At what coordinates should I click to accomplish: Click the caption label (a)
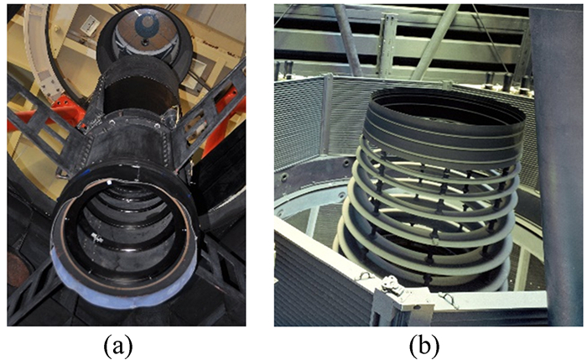pos(118,345)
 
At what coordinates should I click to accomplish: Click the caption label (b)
pos(424,345)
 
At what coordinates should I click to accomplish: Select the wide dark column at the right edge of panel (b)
pos(558,164)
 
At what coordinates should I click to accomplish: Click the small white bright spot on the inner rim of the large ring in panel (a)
pos(109,183)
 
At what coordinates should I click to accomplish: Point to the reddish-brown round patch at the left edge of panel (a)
pos(16,269)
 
